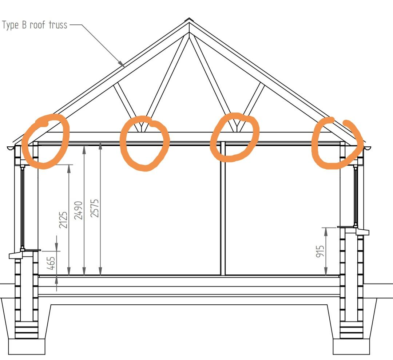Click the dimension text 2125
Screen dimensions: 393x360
[x=63, y=220]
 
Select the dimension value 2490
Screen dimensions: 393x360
[x=79, y=210]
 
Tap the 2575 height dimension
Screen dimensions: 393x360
[x=95, y=208]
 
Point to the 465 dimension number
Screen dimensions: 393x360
[x=51, y=263]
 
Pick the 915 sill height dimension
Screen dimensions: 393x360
[x=320, y=252]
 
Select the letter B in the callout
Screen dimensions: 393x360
[x=24, y=25]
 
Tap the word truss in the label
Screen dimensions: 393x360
[x=58, y=25]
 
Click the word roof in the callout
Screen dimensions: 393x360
[x=38, y=25]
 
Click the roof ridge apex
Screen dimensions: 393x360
[x=189, y=20]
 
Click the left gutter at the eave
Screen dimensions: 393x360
[x=11, y=149]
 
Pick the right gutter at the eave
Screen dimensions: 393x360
[x=367, y=149]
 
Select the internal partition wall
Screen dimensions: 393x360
[x=223, y=208]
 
